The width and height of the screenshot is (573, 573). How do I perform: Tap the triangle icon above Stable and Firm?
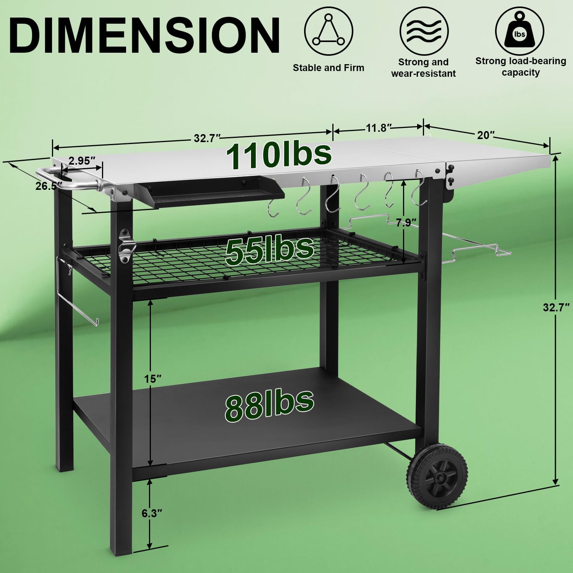(x=329, y=31)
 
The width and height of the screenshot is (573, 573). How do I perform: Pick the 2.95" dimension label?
(x=82, y=160)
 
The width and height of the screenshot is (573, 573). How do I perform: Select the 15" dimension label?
(x=153, y=379)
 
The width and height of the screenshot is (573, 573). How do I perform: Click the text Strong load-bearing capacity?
(x=520, y=67)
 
